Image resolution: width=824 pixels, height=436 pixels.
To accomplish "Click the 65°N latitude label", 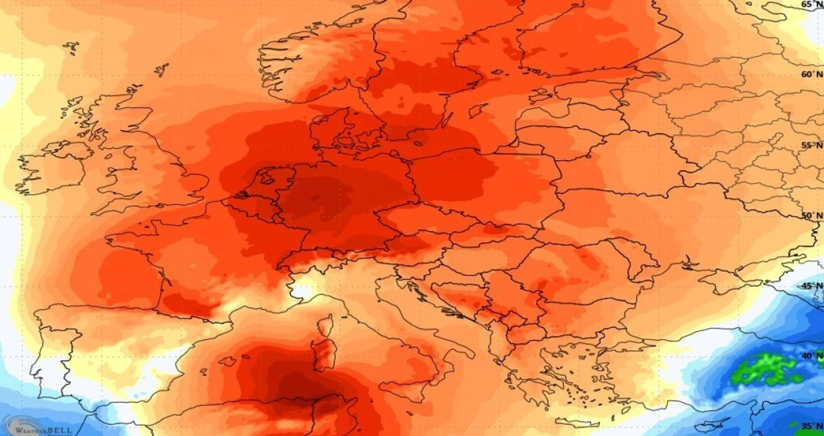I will coord(811,5).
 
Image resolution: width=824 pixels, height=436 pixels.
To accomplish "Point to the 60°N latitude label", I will coord(811,75).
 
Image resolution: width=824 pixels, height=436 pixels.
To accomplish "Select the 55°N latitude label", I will coord(811,146).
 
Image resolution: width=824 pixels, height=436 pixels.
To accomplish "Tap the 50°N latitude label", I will coord(811,216).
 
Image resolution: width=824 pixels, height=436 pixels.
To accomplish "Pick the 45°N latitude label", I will coord(811,286).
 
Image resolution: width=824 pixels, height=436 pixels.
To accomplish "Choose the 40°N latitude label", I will coord(811,357).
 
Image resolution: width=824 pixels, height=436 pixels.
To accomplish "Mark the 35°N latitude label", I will coord(811,426).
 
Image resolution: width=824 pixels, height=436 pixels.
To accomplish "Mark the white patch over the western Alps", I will coord(302,290).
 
